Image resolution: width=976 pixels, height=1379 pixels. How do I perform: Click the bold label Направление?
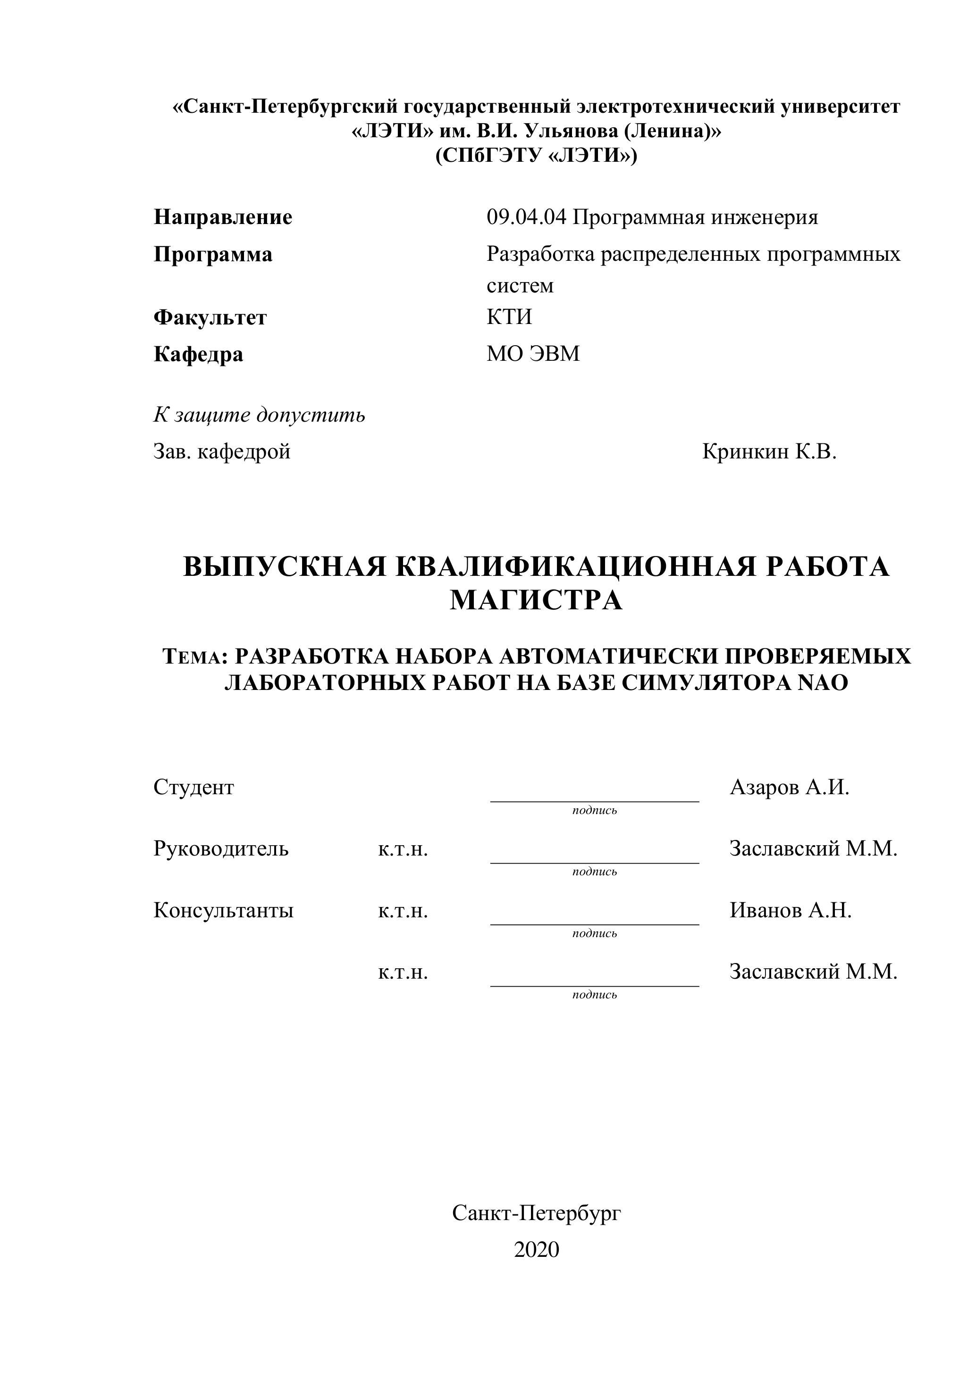point(223,217)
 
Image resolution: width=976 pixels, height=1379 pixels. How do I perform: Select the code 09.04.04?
point(526,217)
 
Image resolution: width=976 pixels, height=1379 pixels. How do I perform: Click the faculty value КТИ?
point(509,316)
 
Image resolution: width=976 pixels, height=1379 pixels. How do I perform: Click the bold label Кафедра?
point(198,354)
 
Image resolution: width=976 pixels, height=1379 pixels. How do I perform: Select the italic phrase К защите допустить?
point(259,415)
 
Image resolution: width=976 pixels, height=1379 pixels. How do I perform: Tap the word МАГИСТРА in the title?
point(536,600)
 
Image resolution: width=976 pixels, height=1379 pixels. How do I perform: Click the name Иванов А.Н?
point(791,910)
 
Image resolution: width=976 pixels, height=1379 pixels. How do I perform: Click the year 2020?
point(536,1249)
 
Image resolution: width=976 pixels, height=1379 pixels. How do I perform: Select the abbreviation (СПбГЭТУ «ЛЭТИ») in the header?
point(536,156)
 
